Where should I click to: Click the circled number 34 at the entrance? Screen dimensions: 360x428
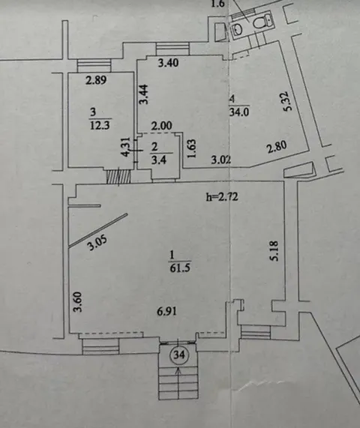pos(179,355)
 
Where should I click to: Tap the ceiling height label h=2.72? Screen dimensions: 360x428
pos(221,196)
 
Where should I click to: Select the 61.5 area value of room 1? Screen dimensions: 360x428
pos(180,268)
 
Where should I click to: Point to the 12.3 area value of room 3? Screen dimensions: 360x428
pos(100,126)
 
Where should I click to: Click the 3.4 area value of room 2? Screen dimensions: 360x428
pos(158,160)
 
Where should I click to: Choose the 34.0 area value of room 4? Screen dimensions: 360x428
pos(239,112)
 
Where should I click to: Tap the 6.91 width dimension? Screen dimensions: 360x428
pos(166,311)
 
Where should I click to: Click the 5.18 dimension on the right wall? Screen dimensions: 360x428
pos(274,250)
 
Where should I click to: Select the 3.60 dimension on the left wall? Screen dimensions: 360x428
pos(77,302)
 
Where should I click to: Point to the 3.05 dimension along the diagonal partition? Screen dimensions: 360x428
pos(97,243)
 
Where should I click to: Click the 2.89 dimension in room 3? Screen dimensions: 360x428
pos(96,80)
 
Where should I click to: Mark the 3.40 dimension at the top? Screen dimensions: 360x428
pos(169,63)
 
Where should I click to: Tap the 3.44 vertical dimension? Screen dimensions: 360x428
pos(144,94)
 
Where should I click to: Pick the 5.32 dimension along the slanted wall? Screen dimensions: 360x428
pos(288,100)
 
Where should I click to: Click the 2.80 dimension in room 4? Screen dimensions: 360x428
pos(277,148)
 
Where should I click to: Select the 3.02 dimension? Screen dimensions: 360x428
pos(221,160)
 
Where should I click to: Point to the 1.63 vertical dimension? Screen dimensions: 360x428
pos(192,148)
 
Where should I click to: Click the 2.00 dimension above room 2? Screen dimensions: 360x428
pos(162,126)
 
